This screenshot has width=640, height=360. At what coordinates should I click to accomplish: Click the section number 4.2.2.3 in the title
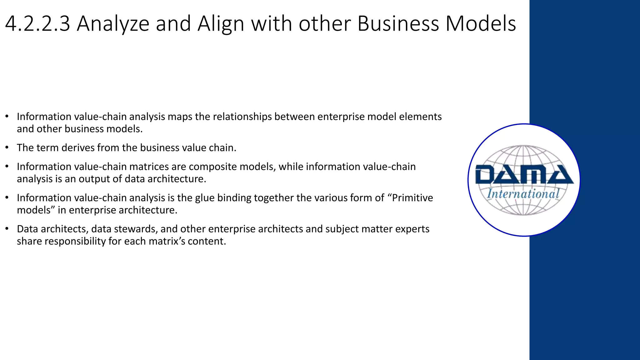pyautogui.click(x=37, y=24)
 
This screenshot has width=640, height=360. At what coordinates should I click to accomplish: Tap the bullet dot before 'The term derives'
pyautogui.click(x=7, y=147)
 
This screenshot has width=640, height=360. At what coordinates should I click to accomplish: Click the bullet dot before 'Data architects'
pyautogui.click(x=7, y=229)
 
